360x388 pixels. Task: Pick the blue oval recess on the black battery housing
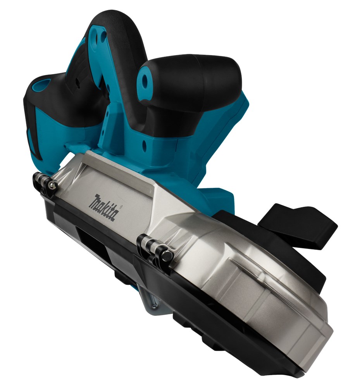tap(41, 84)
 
